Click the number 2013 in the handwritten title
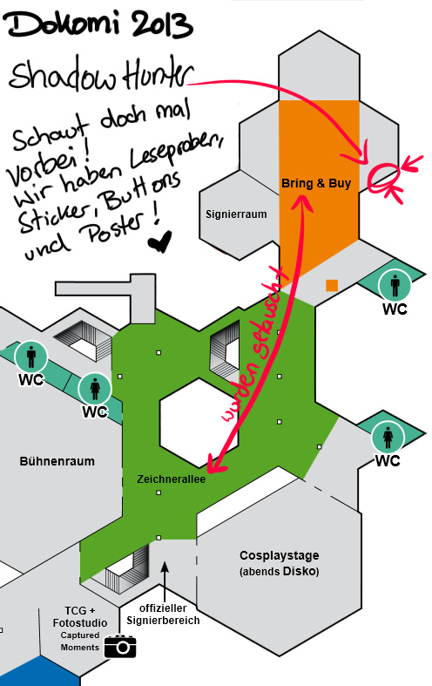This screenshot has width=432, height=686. [156, 25]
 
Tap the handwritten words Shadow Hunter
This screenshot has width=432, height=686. [101, 77]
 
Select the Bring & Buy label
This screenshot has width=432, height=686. [316, 183]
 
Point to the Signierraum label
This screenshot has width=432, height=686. [236, 214]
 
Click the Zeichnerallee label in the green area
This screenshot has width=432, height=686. [171, 479]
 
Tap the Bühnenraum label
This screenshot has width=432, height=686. [57, 461]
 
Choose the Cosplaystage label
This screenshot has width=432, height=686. [280, 555]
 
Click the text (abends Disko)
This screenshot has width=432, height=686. [280, 571]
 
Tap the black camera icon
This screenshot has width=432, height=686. [120, 646]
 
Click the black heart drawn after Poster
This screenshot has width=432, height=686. [159, 241]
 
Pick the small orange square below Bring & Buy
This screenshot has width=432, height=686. [332, 285]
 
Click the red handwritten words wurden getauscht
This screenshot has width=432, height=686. [255, 346]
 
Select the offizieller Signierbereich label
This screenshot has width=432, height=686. [163, 615]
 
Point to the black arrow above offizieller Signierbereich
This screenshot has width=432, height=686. [165, 582]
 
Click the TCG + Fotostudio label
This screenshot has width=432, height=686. [80, 616]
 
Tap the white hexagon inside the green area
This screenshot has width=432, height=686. [199, 423]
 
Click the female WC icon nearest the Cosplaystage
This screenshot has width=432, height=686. [388, 438]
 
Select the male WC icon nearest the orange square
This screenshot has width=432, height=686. [395, 286]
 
